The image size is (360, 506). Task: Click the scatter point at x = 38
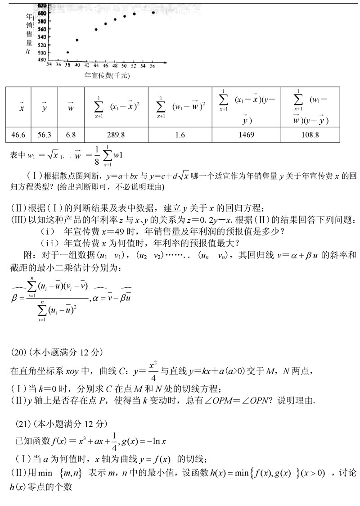pos(67,52)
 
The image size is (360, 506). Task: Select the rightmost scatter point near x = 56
pos(153,13)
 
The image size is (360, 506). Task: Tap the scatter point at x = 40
pos(77,40)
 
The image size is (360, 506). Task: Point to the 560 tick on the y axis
pos(41,29)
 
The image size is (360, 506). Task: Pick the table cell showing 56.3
pos(45,135)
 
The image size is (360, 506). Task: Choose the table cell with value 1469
pos(246,135)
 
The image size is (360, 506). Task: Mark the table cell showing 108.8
pos(310,135)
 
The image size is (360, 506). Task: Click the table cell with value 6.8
pos(71,135)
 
